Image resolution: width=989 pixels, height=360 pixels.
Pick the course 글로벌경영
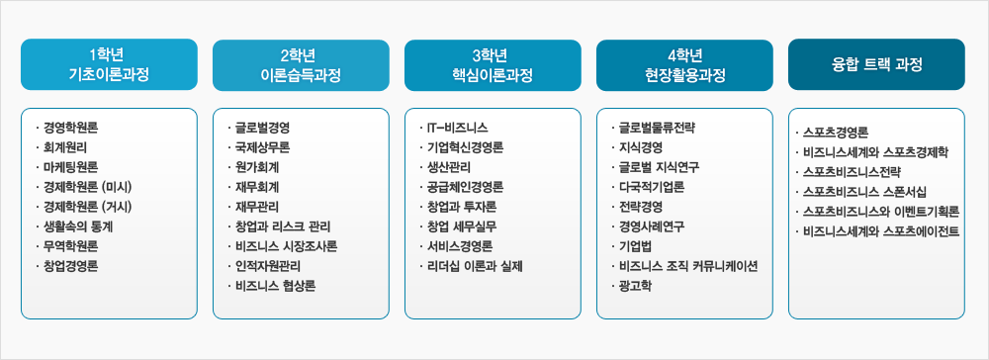tap(263, 128)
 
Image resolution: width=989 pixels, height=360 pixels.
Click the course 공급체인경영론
tap(465, 187)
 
